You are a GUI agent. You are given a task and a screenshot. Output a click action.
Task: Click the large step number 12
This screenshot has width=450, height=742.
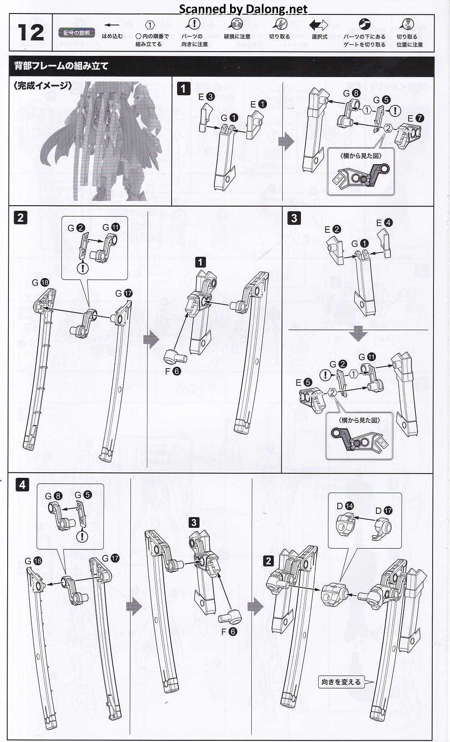pos(31,33)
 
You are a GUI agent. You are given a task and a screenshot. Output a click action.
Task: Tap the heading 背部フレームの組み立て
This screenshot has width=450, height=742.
pos(61,66)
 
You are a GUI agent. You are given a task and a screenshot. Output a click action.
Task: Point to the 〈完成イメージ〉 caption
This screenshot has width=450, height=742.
pos(43,86)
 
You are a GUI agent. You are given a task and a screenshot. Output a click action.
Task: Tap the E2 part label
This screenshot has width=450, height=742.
pos(333,229)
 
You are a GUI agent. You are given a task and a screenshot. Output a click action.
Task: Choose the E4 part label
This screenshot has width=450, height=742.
pos(384,223)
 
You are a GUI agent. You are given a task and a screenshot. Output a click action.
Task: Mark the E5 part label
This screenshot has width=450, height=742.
pos(304,382)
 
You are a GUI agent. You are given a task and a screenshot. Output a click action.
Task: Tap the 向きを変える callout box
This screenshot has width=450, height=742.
pos(341,682)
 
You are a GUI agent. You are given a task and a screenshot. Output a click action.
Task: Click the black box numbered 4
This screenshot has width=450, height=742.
pos(22,485)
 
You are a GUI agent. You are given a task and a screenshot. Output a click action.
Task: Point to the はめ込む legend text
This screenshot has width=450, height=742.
pos(112,36)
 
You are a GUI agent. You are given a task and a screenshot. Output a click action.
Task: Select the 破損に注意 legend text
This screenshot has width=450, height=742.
pos(237,37)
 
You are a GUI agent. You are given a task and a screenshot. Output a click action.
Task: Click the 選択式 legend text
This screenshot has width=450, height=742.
pos(319,37)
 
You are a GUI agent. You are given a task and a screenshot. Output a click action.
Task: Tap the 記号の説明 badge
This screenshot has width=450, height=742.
pos(76,33)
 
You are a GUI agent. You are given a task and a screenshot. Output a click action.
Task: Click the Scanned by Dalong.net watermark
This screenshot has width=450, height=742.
pos(243,8)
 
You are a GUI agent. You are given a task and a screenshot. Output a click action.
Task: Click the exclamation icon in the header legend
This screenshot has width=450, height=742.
pos(194,24)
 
